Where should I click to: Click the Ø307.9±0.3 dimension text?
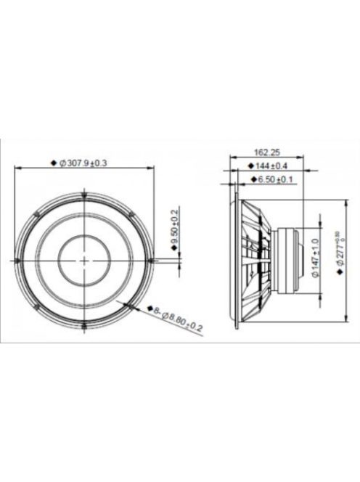(85, 163)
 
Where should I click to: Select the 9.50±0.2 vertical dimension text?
(174, 226)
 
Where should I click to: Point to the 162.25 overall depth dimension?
(267, 152)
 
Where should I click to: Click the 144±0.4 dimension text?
(270, 166)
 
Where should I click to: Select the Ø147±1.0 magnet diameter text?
(315, 258)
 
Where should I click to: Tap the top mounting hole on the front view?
(85, 193)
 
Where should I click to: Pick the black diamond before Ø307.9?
(54, 164)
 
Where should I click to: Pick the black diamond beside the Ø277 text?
(338, 271)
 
